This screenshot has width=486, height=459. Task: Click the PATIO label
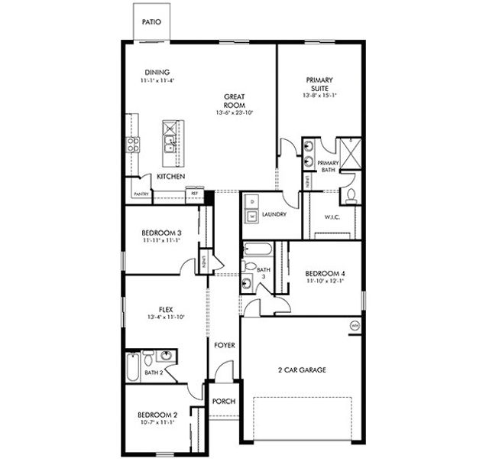pyautogui.click(x=151, y=22)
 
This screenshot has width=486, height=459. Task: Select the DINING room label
pyautogui.click(x=157, y=73)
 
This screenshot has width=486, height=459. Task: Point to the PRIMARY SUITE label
pyautogui.click(x=319, y=83)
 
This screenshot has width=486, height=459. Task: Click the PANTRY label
pyautogui.click(x=141, y=194)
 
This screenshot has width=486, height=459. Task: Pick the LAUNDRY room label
pyautogui.click(x=274, y=215)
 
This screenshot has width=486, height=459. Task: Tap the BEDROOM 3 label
pyautogui.click(x=160, y=233)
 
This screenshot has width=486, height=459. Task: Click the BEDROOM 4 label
pyautogui.click(x=325, y=273)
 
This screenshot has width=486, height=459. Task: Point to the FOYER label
pyautogui.click(x=224, y=345)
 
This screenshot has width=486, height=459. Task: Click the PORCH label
pyautogui.click(x=224, y=402)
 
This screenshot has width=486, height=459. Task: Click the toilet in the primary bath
pyautogui.click(x=351, y=196)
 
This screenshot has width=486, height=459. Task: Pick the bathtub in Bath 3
pyautogui.click(x=255, y=249)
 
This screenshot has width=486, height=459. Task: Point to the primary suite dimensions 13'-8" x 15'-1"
pyautogui.click(x=319, y=96)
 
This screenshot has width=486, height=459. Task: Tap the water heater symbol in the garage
pyautogui.click(x=355, y=327)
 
